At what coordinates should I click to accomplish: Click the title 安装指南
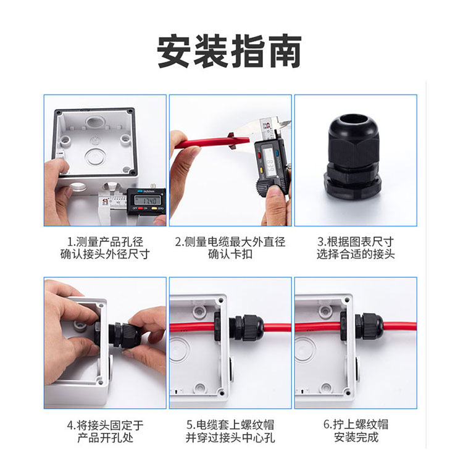pyautogui.click(x=229, y=51)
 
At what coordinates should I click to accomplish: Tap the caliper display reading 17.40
pyautogui.click(x=148, y=201)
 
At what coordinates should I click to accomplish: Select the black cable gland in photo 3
pyautogui.click(x=353, y=157)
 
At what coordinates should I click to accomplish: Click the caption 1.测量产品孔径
pyautogui.click(x=105, y=242)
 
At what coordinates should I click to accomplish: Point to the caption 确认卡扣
pyautogui.click(x=230, y=254)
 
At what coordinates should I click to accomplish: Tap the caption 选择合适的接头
pyautogui.click(x=356, y=254)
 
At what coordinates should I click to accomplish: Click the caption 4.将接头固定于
pyautogui.click(x=105, y=425)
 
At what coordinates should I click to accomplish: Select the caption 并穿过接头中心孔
pyautogui.click(x=230, y=438)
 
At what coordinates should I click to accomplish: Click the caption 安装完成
pyautogui.click(x=356, y=437)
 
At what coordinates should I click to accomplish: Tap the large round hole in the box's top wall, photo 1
pyautogui.click(x=94, y=122)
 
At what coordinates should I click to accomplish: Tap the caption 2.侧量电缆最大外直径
pyautogui.click(x=230, y=242)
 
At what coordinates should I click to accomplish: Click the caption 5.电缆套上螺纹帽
pyautogui.click(x=230, y=425)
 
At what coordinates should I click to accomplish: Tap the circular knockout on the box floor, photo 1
pyautogui.click(x=95, y=157)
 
